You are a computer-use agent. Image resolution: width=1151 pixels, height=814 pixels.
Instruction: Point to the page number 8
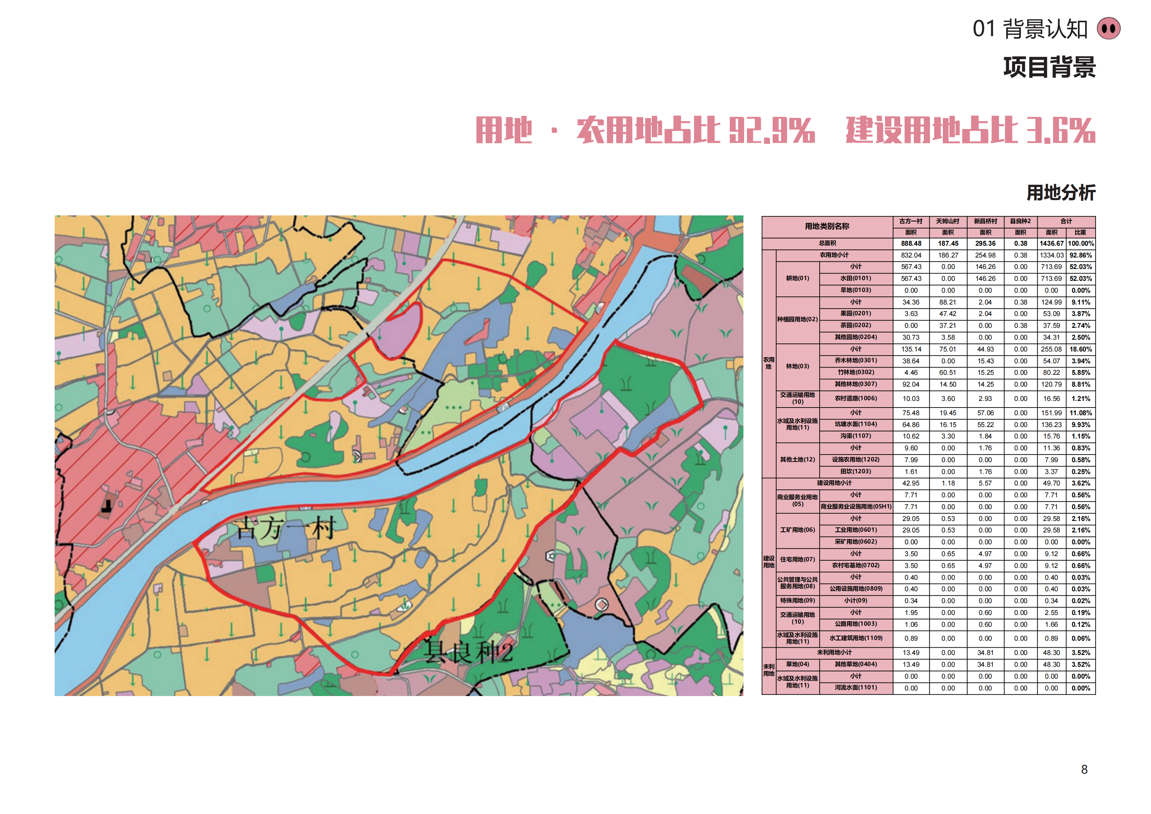point(1084,769)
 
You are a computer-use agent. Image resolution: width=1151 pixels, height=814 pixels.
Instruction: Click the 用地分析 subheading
point(1061,192)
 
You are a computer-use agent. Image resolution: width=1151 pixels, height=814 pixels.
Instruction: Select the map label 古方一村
point(286,529)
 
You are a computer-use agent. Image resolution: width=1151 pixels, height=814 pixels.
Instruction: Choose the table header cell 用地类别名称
point(827,227)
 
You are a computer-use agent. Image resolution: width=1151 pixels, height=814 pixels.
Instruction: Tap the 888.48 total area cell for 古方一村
point(911,244)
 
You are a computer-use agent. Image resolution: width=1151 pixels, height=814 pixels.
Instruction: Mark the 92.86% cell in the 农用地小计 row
point(1080,255)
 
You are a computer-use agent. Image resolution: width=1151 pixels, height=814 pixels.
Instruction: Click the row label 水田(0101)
point(856,279)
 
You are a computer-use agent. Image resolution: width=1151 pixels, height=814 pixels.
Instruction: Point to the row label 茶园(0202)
point(856,325)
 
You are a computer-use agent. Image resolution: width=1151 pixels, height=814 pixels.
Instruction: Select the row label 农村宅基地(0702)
point(856,566)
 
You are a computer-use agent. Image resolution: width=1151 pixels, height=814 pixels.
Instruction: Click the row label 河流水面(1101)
point(856,688)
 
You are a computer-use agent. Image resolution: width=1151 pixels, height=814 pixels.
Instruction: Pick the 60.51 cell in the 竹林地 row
point(947,372)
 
